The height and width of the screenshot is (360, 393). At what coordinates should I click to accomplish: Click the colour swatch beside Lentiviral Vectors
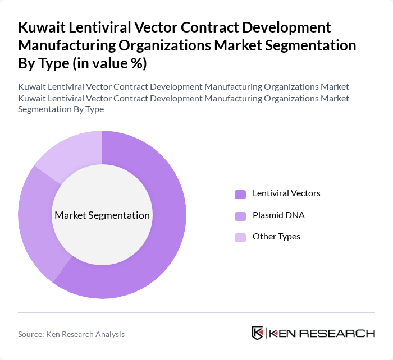(240, 195)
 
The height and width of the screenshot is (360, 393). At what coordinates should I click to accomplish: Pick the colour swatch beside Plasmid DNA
(240, 216)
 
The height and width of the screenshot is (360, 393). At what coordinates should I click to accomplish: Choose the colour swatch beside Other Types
(240, 237)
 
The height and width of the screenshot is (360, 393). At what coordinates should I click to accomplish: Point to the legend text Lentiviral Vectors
(286, 193)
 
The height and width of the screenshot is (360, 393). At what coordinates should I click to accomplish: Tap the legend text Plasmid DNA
(278, 215)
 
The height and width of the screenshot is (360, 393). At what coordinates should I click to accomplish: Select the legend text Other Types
(276, 236)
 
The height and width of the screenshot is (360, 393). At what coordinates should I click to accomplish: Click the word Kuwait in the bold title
(40, 27)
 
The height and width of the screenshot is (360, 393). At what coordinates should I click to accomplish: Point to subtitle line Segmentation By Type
(61, 109)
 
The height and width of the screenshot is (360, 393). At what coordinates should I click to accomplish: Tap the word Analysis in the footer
(108, 334)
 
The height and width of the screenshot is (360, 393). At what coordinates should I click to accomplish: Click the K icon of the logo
(258, 333)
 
